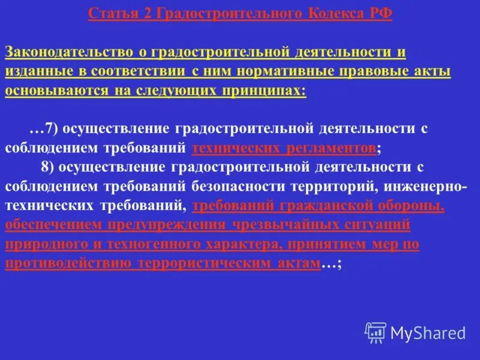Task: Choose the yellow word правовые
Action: [x=370, y=71]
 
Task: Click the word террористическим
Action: [x=207, y=263]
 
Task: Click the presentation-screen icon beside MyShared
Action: [x=376, y=332]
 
